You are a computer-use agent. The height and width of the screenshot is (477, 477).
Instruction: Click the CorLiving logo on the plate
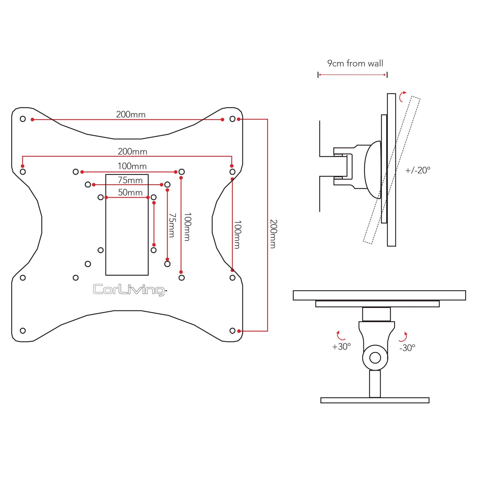click(129, 290)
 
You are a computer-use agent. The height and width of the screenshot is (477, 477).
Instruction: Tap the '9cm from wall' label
click(355, 63)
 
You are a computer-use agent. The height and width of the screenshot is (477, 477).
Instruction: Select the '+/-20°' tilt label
click(418, 170)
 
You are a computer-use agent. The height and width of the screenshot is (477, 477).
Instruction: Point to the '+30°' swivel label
click(341, 347)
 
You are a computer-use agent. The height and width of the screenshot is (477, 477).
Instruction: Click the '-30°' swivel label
click(407, 348)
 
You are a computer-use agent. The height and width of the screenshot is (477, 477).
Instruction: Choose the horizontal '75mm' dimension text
click(130, 180)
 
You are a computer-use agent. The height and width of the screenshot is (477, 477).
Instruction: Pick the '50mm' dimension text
click(130, 192)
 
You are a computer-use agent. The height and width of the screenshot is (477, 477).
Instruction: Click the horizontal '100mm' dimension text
click(132, 166)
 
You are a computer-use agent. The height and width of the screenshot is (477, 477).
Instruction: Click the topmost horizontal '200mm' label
click(131, 115)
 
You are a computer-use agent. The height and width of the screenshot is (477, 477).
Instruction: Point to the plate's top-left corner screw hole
click(23, 119)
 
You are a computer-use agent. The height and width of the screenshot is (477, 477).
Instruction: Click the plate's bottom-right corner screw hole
click(232, 330)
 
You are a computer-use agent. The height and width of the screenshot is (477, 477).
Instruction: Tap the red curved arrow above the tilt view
click(402, 96)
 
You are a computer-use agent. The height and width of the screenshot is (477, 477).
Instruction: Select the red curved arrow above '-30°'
click(403, 337)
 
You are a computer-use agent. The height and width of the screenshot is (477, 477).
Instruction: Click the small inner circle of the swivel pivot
click(375, 358)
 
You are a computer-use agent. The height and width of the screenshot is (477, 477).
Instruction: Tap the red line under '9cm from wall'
click(352, 75)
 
